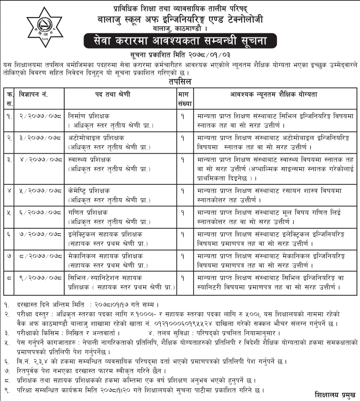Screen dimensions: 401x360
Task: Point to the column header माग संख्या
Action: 182,98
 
